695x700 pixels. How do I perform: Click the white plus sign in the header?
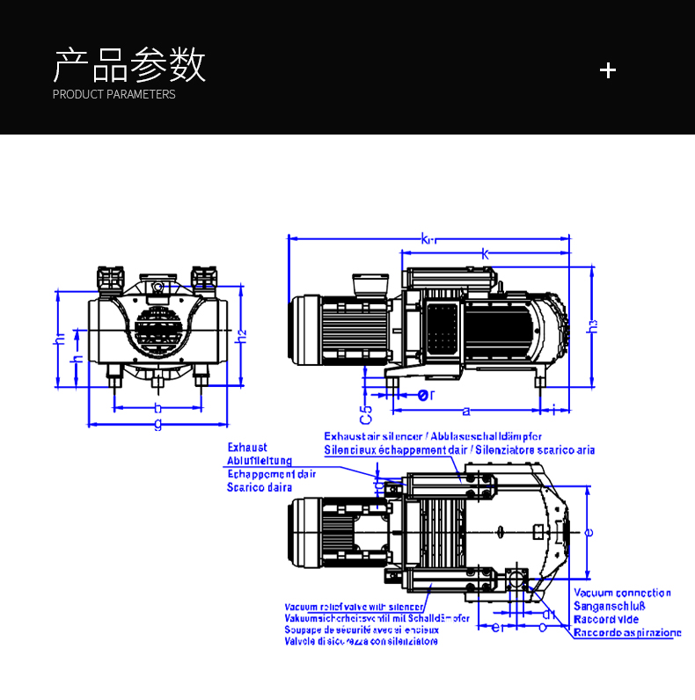pos(607,70)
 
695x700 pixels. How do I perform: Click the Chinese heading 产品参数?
pos(129,65)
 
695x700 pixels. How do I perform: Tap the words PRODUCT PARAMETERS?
pos(113,95)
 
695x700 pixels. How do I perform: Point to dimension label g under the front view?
pos(157,423)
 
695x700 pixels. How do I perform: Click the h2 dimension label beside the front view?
pos(242,334)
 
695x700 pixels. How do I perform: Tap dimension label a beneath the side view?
pos(465,410)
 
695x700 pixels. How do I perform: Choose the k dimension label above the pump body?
pos(486,253)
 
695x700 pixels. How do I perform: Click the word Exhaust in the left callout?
pos(247,448)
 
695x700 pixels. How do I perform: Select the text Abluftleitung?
pos(260,461)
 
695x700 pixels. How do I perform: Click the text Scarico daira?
pos(260,487)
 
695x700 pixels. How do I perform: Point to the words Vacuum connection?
pos(622,593)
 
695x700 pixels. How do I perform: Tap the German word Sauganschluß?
pos(610,606)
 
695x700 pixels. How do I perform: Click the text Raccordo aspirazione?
pos(627,632)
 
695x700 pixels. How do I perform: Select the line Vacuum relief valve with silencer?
pos(354,607)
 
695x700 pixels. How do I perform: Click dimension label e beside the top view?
pos(589,531)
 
